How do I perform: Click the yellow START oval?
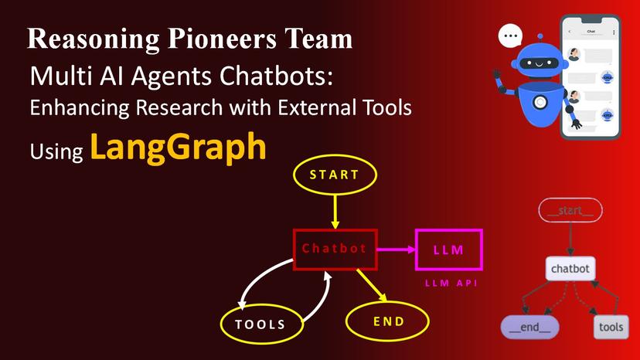click(334, 175)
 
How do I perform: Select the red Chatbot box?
click(334, 249)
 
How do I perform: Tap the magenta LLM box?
click(449, 250)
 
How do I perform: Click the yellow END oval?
click(388, 321)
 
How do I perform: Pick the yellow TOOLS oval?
click(260, 324)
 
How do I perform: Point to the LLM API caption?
click(451, 284)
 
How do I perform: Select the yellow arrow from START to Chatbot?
click(335, 211)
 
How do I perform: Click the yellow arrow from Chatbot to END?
click(370, 284)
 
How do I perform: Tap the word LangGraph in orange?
click(179, 147)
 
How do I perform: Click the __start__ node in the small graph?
click(571, 210)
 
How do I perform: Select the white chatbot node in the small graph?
click(570, 269)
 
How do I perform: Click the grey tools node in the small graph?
click(610, 327)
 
